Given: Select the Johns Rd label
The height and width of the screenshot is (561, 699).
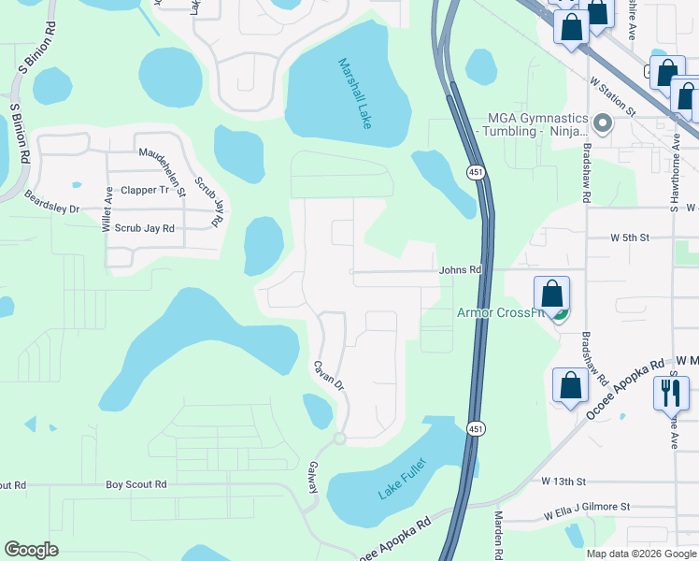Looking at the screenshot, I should [x=460, y=270].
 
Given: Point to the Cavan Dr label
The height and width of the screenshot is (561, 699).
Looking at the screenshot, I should [x=329, y=375].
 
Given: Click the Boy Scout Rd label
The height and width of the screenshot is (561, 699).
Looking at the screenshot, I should [x=136, y=484].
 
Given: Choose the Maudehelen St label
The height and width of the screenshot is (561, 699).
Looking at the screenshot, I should [x=163, y=171].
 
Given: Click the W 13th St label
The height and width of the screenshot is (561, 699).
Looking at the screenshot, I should [x=563, y=481].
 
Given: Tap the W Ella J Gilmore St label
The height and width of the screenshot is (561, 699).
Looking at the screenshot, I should [x=588, y=506].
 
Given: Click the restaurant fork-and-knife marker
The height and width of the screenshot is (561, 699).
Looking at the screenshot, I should [x=671, y=392].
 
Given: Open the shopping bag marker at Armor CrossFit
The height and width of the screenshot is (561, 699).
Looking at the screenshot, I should [x=551, y=295].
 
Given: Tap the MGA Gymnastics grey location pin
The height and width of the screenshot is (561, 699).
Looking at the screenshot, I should [x=603, y=123].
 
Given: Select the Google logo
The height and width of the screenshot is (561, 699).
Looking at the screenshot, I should [x=31, y=550].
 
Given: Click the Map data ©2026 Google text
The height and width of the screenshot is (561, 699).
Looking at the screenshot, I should [x=640, y=554].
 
